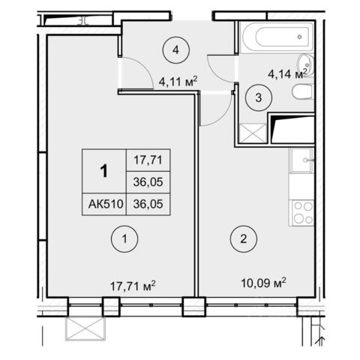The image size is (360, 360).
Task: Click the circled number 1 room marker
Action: click(124, 239)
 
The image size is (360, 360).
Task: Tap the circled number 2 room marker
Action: click(244, 239)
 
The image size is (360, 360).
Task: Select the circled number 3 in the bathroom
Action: click(259, 97)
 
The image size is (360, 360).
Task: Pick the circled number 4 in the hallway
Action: click(176, 50)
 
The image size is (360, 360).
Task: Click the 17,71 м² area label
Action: click(133, 286)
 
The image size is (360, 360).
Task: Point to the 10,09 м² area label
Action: click(263, 283)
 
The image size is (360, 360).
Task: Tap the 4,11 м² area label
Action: click(178, 81)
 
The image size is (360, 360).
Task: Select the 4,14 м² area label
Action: click(287, 73)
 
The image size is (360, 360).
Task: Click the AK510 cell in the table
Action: click(105, 204)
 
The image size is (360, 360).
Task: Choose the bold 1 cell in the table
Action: click(104, 171)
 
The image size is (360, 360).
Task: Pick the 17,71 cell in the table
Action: click(148, 160)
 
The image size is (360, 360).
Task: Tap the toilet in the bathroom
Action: click(302, 91)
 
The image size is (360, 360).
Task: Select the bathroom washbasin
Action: click(306, 64)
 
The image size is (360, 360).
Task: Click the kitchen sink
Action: click(301, 160)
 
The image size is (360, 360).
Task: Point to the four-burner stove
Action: click(301, 213)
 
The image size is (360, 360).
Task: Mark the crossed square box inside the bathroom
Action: click(253, 133)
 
